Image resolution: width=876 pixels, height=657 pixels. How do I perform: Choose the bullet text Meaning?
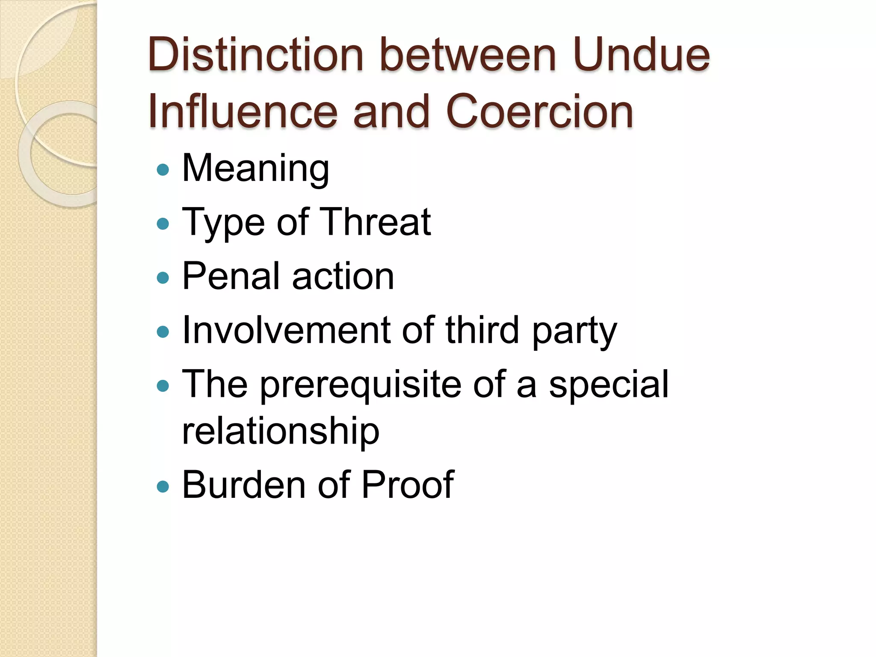tap(255, 169)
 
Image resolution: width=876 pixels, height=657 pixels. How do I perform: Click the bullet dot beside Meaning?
tap(163, 170)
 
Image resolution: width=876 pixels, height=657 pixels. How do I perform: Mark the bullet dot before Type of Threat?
tap(163, 224)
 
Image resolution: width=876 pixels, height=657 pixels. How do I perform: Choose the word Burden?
tap(243, 484)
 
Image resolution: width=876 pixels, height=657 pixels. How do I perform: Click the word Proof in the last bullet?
tap(407, 484)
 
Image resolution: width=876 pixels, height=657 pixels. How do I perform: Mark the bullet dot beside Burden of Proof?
tap(163, 486)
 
